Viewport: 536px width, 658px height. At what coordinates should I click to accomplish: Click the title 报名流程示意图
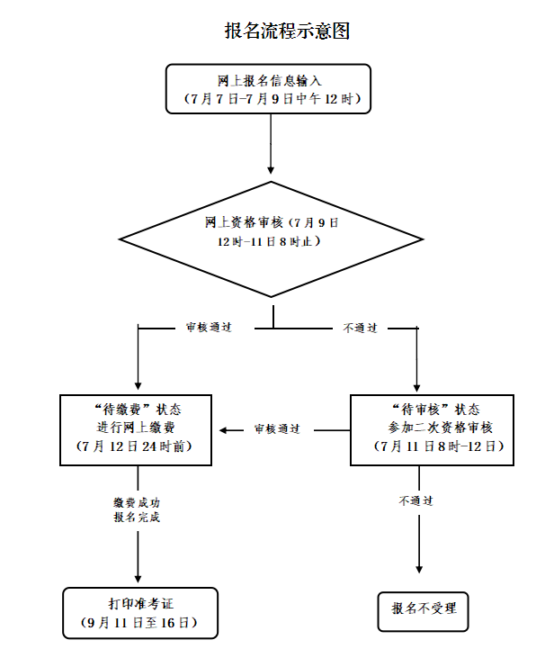coord(286,30)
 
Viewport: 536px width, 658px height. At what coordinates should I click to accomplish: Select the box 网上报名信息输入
coord(269,88)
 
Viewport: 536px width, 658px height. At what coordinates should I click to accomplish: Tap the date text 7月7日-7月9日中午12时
coord(269,98)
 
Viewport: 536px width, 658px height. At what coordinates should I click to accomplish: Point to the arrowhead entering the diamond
coord(271,168)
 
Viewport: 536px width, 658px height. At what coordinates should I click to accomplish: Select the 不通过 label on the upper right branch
coord(360,329)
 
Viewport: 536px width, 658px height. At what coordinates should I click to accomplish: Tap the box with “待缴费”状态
coord(137,429)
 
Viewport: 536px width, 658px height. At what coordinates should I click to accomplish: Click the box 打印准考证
coord(140,613)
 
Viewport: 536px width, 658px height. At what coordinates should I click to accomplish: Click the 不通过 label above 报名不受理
coord(416,500)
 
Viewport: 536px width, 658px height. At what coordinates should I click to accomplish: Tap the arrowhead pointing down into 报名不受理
coord(419,567)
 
